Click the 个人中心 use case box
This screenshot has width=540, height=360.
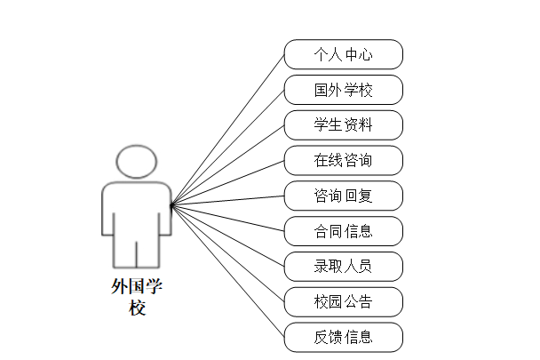(x=343, y=54)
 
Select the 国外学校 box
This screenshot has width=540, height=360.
(x=343, y=90)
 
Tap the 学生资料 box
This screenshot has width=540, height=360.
(x=343, y=124)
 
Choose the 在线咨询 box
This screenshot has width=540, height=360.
(x=343, y=160)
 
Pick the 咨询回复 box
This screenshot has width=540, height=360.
(x=343, y=196)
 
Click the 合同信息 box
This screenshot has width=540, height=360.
(x=343, y=231)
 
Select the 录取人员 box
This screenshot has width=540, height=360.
(x=343, y=266)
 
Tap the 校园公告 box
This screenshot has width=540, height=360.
(x=343, y=301)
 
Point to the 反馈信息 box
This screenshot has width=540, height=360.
(x=343, y=337)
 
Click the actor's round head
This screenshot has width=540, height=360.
(x=135, y=163)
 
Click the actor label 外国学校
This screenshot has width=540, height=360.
(x=136, y=297)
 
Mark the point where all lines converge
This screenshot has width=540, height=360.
(x=171, y=205)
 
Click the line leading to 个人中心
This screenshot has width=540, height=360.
(x=228, y=129)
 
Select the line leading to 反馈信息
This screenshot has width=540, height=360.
(x=228, y=271)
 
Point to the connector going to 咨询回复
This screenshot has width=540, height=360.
(x=228, y=200)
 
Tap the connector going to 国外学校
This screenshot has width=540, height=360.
(x=228, y=147)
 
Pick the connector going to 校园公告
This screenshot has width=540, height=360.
(x=228, y=253)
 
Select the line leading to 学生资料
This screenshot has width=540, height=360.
(x=228, y=164)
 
